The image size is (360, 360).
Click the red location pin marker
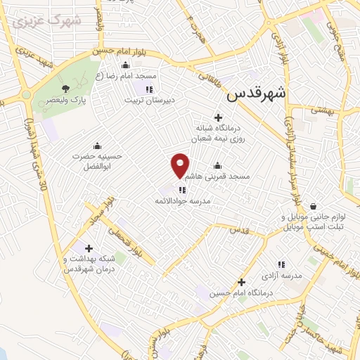pos(180,165)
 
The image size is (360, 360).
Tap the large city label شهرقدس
pos(257,93)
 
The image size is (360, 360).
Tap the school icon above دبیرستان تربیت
pos(149,89)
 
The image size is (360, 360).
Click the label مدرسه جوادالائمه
pos(183,202)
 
